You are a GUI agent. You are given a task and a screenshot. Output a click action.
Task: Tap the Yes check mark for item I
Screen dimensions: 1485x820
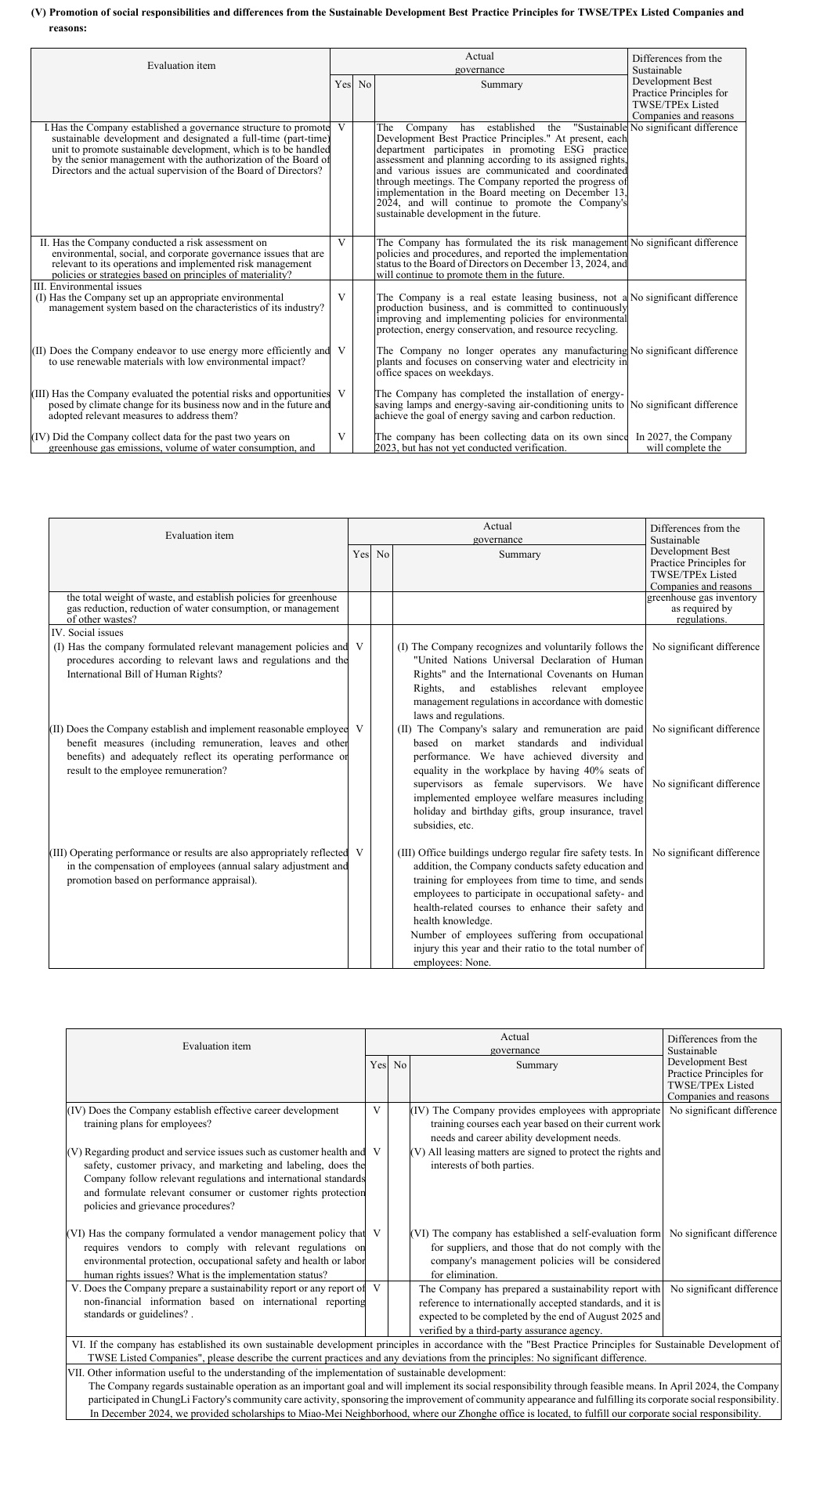click(341, 127)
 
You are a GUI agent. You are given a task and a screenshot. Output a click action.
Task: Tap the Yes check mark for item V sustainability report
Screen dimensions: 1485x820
click(377, 1288)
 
